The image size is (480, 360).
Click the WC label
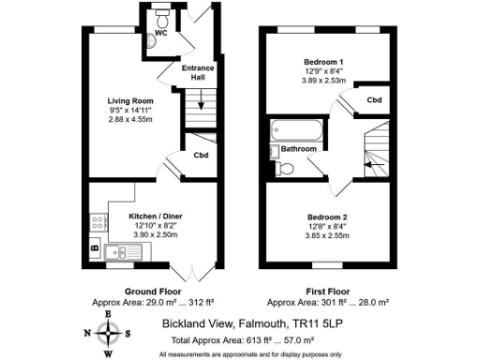click(161, 33)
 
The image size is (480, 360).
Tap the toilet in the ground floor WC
click(161, 18)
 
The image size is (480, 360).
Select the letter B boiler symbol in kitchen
click(95, 247)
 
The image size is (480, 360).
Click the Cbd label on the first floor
click(374, 98)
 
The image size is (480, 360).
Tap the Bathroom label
click(299, 149)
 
